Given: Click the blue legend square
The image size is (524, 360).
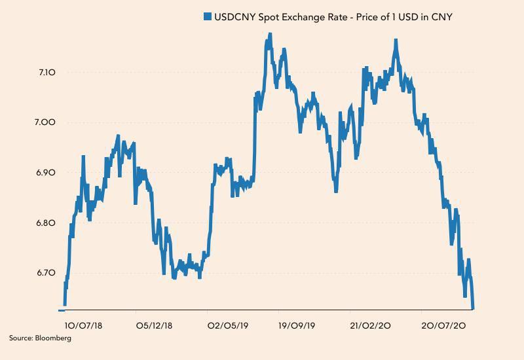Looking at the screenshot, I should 208,17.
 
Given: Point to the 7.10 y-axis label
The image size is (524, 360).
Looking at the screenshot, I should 47,72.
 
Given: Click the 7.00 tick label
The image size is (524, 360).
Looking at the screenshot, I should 47,122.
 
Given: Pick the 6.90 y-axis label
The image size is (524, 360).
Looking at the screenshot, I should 47,173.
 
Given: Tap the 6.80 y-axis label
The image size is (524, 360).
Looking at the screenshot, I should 47,223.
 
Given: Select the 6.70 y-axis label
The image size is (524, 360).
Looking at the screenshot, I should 47,273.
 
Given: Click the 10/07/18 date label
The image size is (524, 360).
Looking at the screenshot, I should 83,325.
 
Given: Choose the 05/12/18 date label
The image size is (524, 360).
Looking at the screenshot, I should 155,325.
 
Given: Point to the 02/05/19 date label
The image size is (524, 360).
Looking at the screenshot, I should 227,325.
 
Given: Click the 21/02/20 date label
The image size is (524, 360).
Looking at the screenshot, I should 371,325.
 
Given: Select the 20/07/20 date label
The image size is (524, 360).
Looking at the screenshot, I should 443,325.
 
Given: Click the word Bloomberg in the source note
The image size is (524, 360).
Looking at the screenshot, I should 54,338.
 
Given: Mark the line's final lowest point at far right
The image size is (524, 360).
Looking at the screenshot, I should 473,308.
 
